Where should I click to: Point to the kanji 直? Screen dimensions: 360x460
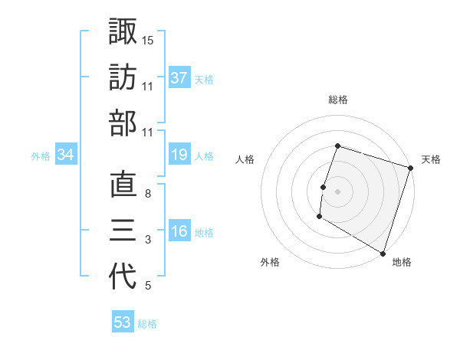(123, 185)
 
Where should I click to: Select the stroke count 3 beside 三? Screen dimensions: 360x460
(148, 241)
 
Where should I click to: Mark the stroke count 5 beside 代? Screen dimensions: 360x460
(148, 286)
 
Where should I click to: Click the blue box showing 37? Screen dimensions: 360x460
(179, 77)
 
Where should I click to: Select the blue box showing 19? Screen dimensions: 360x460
(179, 155)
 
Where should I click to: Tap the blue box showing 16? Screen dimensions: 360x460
(179, 232)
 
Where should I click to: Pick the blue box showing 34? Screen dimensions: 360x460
(66, 155)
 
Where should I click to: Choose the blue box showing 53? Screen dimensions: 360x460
(123, 322)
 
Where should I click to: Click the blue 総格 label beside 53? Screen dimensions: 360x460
(147, 324)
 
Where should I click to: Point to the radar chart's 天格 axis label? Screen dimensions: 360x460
(431, 159)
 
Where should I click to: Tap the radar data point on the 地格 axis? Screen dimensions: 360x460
(382, 253)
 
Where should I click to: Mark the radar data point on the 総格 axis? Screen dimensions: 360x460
(337, 146)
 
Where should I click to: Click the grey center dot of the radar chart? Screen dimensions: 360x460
(337, 191)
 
